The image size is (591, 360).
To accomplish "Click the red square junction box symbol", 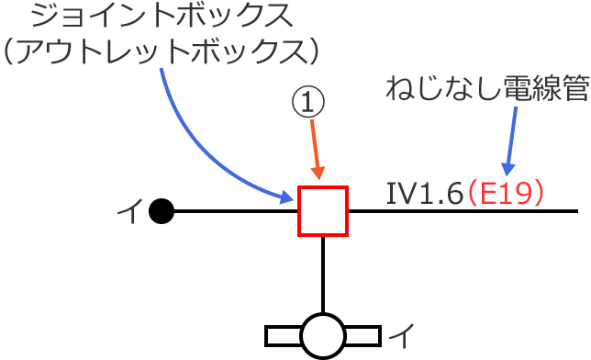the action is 322,211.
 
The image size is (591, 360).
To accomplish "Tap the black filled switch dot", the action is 162,212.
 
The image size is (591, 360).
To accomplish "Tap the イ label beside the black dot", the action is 128,213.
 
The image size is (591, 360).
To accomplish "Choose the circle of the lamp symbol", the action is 323,336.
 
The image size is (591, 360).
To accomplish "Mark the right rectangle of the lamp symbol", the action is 362,336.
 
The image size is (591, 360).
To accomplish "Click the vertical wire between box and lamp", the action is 323,274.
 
